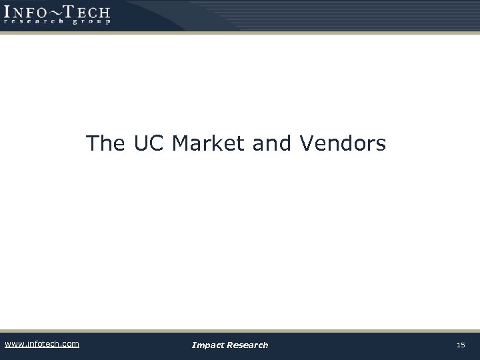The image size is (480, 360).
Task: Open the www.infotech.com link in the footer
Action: pos(41,344)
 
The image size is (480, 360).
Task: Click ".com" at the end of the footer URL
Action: pos(69,344)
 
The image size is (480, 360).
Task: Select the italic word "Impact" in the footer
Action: pos(207,345)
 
